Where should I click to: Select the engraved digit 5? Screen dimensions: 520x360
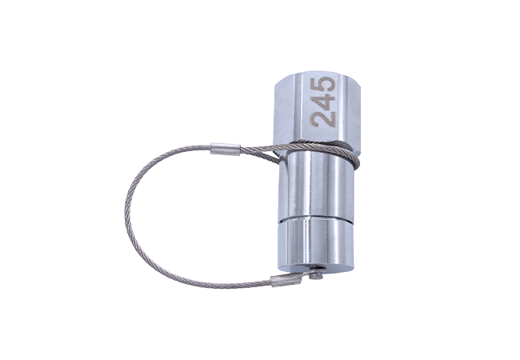[322, 83]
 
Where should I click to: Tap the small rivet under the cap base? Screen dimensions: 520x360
[318, 275]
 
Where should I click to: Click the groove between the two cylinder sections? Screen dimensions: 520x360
[314, 219]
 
